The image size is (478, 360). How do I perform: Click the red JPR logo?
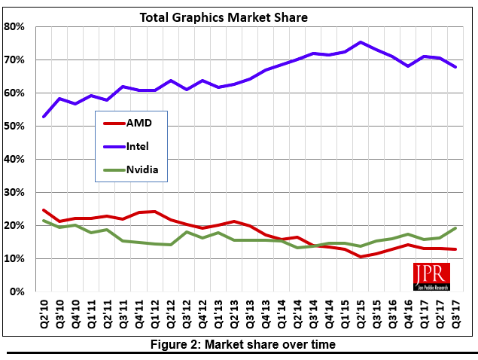click(x=431, y=276)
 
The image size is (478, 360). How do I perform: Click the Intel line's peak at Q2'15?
click(x=361, y=42)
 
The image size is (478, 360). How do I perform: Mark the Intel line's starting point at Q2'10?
click(x=44, y=117)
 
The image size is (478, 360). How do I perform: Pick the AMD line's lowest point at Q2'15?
click(x=361, y=257)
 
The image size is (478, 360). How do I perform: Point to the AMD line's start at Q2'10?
click(x=44, y=210)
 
